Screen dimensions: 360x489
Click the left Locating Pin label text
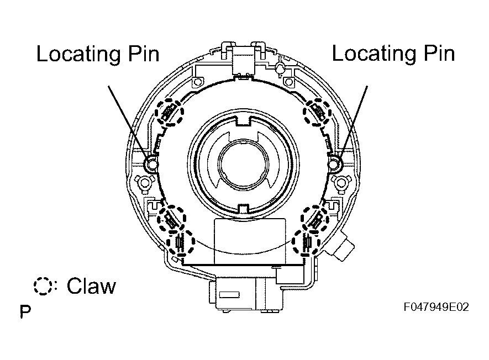[98, 54]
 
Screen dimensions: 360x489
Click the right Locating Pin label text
[393, 53]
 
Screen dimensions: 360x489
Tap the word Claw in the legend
[91, 286]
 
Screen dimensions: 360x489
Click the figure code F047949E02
[436, 307]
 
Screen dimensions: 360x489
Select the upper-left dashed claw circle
[169, 113]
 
